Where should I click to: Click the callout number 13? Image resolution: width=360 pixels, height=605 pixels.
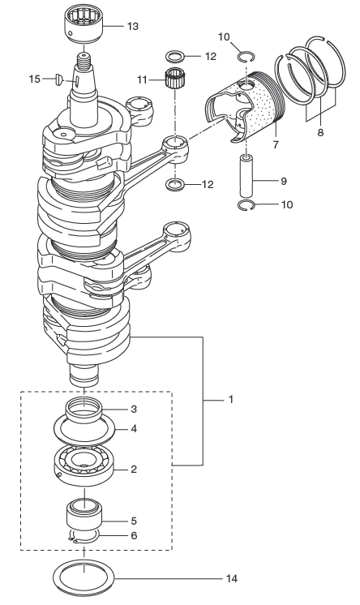pyautogui.click(x=132, y=26)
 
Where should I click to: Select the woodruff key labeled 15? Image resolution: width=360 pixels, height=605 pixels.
pyautogui.click(x=59, y=79)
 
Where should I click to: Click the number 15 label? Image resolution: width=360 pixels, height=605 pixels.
pyautogui.click(x=35, y=79)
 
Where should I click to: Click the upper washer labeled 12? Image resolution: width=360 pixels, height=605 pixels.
pyautogui.click(x=175, y=56)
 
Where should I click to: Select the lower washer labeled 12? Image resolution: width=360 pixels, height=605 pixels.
pyautogui.click(x=175, y=185)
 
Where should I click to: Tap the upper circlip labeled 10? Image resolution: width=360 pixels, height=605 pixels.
pyautogui.click(x=246, y=57)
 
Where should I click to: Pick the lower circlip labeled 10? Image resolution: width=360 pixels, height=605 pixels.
pyautogui.click(x=246, y=205)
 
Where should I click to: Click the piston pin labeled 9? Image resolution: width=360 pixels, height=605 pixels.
pyautogui.click(x=246, y=175)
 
